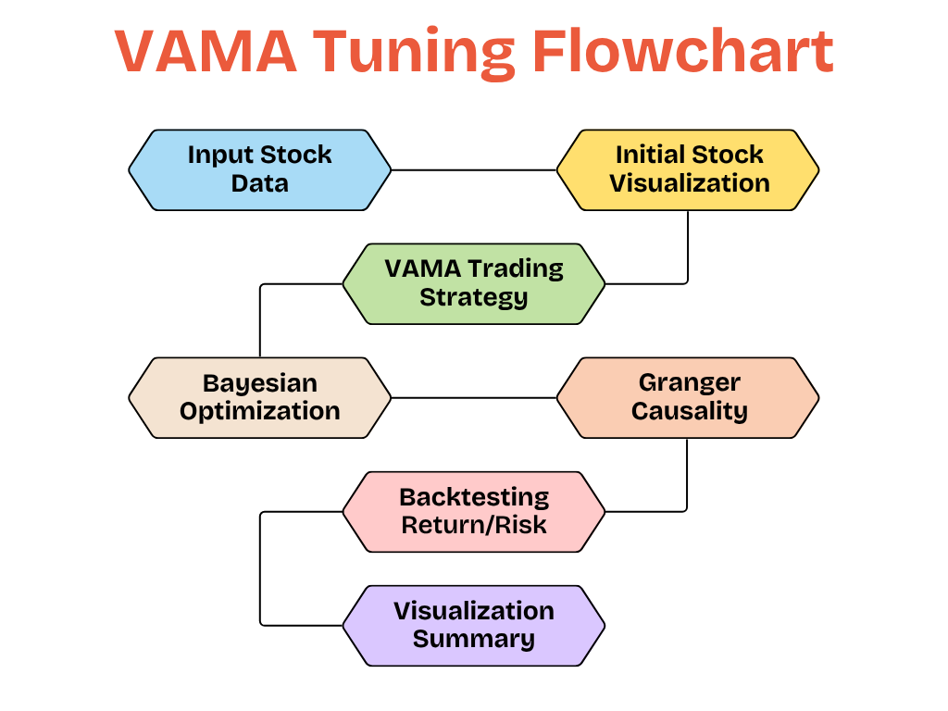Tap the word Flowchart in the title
pos(682,52)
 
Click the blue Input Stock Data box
pos(259,169)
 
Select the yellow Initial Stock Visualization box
pos(688,169)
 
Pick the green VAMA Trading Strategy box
pos(473,283)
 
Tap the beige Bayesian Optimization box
pos(259,397)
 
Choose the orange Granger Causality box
pos(688,397)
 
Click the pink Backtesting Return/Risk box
pos(473,511)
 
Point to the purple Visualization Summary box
pos(473,625)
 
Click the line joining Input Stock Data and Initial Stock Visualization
pos(473,170)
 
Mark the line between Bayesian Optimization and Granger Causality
pos(473,398)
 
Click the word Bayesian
pos(259,383)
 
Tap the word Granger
pos(689,383)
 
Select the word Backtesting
pos(474,497)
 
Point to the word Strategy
pos(473,298)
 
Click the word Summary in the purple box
pos(473,640)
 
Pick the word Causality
pos(689,412)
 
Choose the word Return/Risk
pos(473,526)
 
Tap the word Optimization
pos(259,412)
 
